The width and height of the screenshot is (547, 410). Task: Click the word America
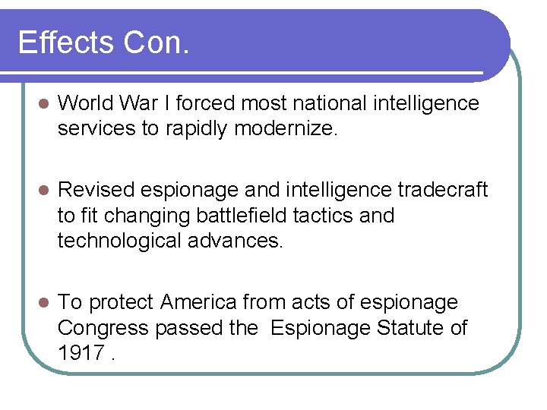coord(199,302)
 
